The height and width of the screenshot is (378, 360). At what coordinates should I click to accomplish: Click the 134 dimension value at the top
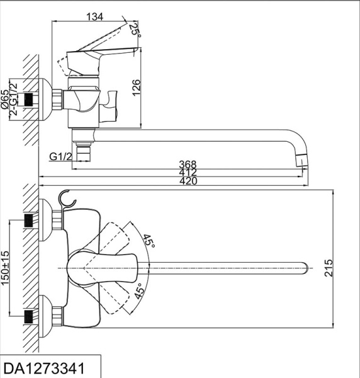94,17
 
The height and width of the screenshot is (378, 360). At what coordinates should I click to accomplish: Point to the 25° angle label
133,29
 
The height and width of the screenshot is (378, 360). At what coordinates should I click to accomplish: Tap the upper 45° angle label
149,240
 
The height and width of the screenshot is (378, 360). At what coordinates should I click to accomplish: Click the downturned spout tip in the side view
304,159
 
